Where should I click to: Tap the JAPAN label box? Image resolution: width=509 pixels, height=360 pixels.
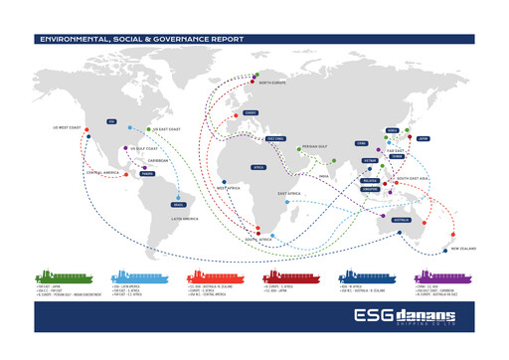pos(421,139)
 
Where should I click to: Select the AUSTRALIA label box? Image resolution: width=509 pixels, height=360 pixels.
pos(401,219)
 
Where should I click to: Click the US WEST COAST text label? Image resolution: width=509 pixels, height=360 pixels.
pos(66,127)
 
